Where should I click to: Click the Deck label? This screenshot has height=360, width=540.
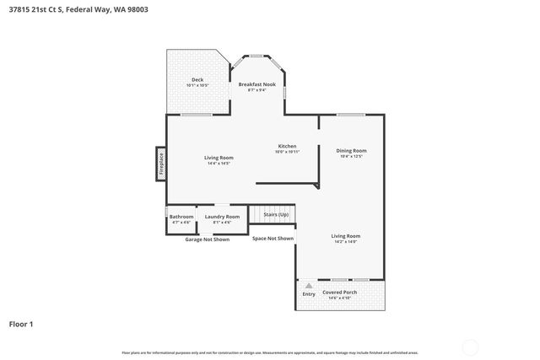pyautogui.click(x=197, y=80)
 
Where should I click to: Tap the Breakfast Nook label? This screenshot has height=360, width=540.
pyautogui.click(x=257, y=84)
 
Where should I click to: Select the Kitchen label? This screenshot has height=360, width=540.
pyautogui.click(x=287, y=146)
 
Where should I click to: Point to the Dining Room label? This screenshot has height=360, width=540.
pyautogui.click(x=351, y=150)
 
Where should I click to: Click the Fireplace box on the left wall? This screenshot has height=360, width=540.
pyautogui.click(x=160, y=164)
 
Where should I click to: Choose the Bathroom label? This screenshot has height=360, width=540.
pyautogui.click(x=181, y=217)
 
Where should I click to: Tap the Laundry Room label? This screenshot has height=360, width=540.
pyautogui.click(x=222, y=217)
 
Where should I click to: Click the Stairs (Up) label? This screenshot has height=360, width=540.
pyautogui.click(x=276, y=215)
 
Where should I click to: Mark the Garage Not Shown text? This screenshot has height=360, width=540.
pyautogui.click(x=207, y=239)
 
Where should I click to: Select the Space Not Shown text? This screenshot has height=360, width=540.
pyautogui.click(x=273, y=239)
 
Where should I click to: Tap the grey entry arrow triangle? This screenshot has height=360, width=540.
pyautogui.click(x=309, y=286)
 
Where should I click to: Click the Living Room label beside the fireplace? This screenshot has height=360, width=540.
pyautogui.click(x=219, y=158)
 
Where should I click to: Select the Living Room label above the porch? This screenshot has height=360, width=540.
pyautogui.click(x=345, y=236)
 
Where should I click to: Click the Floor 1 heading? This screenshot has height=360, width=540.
pyautogui.click(x=22, y=323)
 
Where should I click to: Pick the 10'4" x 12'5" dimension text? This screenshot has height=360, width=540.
pyautogui.click(x=351, y=156)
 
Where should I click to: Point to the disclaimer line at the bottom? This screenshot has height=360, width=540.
pyautogui.click(x=269, y=352)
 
